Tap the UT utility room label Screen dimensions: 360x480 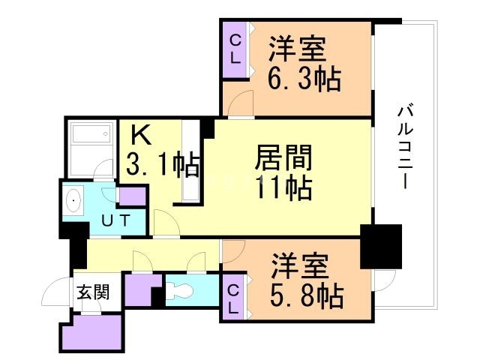click(x=116, y=220)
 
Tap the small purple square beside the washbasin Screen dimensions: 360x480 click(x=132, y=196)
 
